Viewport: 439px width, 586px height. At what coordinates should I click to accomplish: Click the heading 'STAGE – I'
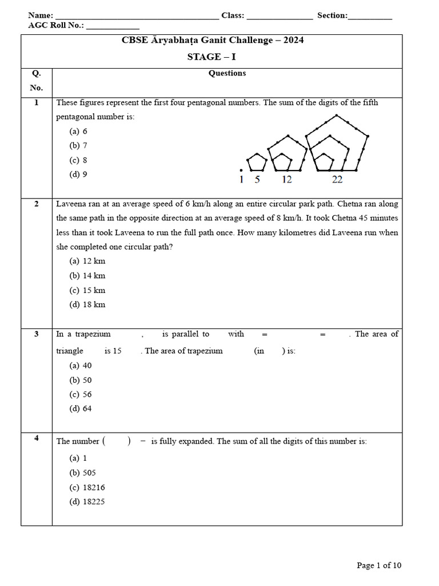coord(212,57)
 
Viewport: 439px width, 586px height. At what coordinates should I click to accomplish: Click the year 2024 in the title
coord(290,40)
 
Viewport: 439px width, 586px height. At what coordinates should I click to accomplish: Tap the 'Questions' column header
coord(227,73)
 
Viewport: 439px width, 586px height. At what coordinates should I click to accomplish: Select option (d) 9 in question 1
coord(78,175)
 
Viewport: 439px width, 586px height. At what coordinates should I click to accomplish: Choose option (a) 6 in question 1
coord(78,131)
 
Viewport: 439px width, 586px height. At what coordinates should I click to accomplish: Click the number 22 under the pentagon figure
coord(337,180)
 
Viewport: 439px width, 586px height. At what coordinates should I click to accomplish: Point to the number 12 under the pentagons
coord(286,180)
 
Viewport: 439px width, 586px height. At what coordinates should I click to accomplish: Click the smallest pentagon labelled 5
coord(257,163)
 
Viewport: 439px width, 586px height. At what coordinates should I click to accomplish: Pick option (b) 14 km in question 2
coord(87,275)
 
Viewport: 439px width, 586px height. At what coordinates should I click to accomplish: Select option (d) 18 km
coord(87,304)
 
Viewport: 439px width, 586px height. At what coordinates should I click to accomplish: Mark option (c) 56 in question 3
coord(81,394)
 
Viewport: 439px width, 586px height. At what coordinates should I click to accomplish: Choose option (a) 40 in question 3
coord(81,365)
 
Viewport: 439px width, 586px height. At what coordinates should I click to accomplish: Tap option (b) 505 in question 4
coord(83,473)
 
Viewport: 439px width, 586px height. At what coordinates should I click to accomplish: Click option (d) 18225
coord(87,502)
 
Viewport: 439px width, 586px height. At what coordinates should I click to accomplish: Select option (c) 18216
coord(87,488)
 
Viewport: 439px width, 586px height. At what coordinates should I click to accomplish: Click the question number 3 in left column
coord(36,334)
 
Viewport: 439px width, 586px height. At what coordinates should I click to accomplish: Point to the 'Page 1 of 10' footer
coord(379,565)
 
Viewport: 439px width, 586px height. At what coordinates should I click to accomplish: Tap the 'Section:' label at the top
coord(332,15)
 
